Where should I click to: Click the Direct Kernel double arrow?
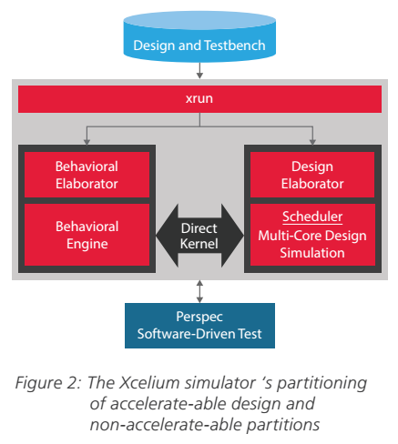[199, 235]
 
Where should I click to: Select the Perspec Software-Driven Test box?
[199, 325]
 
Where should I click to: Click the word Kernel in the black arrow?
[199, 243]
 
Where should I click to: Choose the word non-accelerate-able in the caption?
[157, 424]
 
